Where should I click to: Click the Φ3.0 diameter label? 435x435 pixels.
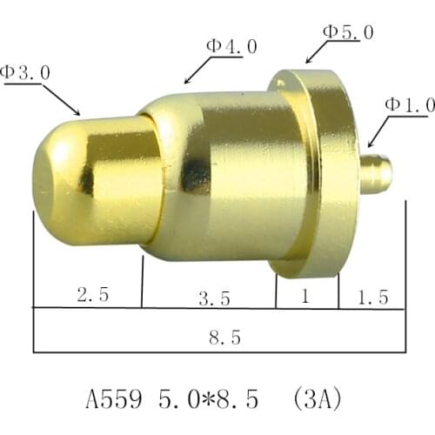26,72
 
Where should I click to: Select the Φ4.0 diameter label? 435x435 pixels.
231,46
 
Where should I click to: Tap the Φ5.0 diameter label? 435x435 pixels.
349,31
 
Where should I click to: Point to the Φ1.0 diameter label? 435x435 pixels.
410,105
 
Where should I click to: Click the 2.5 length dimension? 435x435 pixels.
93,295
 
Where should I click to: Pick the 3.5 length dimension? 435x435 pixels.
214,298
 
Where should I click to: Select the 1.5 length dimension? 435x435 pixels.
372,298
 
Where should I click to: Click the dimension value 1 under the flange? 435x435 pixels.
304,296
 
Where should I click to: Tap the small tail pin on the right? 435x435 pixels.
376,174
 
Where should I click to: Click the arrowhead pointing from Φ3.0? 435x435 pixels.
78,113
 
